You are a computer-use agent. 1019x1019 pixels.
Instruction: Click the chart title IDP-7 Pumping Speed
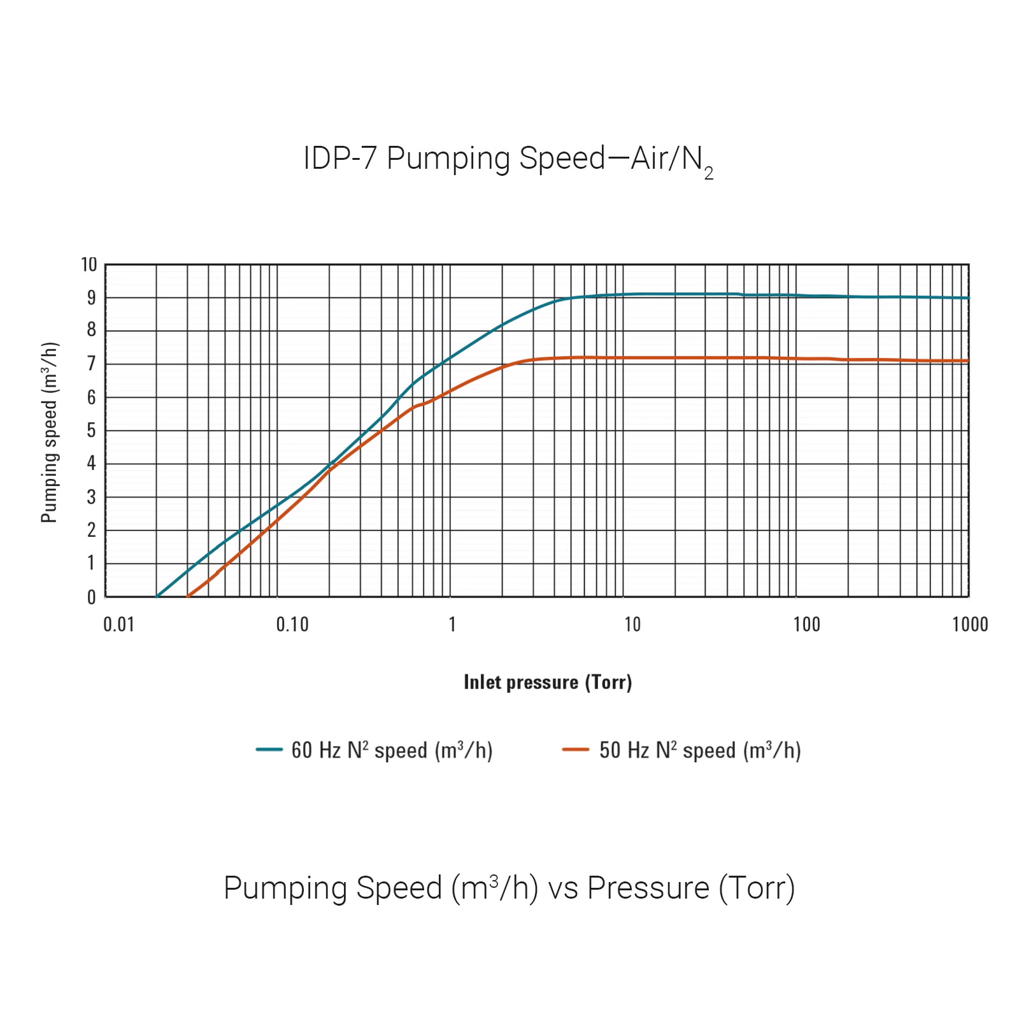tap(508, 159)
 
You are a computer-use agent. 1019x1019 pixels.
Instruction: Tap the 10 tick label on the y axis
tap(89, 264)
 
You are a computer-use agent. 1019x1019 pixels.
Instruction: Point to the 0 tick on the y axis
tap(92, 597)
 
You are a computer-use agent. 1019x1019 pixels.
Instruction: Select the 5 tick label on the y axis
tap(92, 431)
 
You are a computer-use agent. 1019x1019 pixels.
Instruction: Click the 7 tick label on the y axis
tap(92, 364)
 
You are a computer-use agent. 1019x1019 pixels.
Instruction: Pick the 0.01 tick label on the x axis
tap(119, 625)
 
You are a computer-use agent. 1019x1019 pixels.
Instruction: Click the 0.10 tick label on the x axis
tap(292, 625)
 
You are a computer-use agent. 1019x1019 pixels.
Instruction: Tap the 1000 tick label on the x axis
tap(970, 625)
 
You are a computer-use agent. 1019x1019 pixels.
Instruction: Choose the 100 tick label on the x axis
tap(806, 625)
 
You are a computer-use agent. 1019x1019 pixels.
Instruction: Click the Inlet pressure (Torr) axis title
tap(548, 682)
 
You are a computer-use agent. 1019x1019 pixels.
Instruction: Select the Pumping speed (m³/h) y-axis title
tap(50, 432)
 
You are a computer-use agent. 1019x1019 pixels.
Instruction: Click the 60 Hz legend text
tap(392, 750)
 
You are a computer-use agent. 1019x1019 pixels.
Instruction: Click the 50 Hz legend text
tap(700, 750)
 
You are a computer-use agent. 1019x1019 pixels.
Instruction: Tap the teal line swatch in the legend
tap(269, 750)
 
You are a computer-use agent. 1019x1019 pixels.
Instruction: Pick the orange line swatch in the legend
tap(576, 750)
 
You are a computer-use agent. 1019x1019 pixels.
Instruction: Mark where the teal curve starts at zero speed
tap(157, 596)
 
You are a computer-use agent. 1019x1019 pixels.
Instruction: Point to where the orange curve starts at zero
tap(188, 596)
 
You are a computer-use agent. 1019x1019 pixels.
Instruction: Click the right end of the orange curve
tap(967, 361)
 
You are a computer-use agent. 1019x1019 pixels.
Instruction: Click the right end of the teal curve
tap(967, 298)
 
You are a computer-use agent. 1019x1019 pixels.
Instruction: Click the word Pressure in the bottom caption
tap(648, 888)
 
